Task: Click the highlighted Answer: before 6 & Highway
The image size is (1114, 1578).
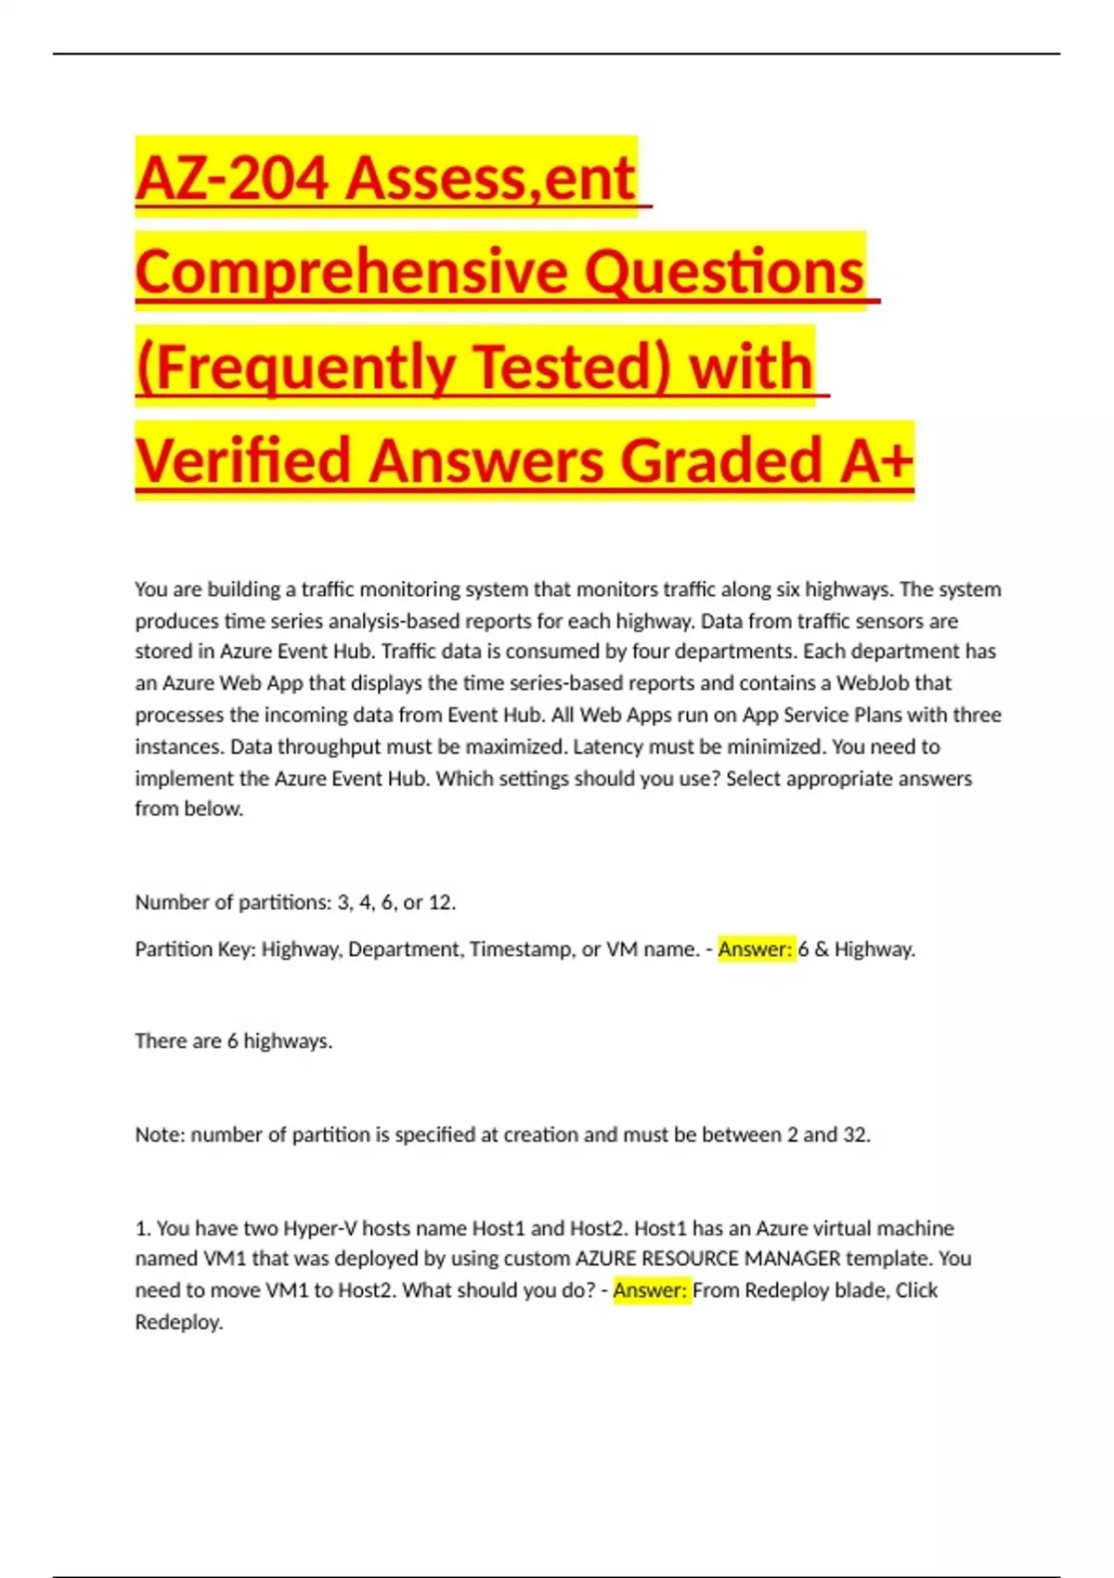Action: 756,949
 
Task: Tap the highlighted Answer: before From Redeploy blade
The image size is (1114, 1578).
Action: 651,1290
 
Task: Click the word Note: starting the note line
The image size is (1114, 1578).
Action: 160,1134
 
